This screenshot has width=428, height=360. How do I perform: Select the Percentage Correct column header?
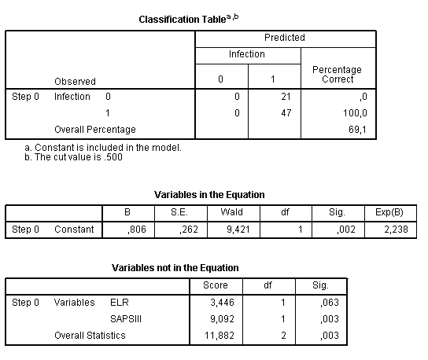[x=338, y=75]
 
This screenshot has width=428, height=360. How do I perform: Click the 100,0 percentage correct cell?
[x=358, y=113]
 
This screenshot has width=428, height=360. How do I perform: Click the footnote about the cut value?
[x=74, y=156]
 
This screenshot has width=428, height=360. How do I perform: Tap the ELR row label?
[x=120, y=303]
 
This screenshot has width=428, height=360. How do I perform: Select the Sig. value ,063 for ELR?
[x=330, y=303]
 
